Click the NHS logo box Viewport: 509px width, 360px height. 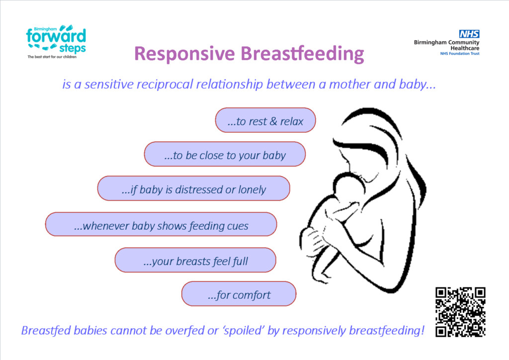coord(469,34)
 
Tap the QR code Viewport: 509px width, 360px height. coord(460,312)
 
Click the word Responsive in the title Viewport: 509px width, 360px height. coord(184,54)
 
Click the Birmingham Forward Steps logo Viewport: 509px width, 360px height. coord(56,42)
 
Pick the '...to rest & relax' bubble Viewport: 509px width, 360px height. coord(265,120)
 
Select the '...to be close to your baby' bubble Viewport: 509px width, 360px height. coord(225,154)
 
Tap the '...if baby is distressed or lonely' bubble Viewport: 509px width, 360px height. coord(193,188)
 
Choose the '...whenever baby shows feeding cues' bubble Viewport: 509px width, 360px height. coord(161,224)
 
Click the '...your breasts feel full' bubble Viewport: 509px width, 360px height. coord(195,260)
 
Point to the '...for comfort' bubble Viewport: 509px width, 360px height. coord(239,294)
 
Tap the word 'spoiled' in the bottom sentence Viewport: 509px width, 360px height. coord(244,331)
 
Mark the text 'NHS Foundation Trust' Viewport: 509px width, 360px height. coord(460,54)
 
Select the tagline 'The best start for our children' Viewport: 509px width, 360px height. coord(52,57)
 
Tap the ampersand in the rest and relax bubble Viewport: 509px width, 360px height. coord(273,121)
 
